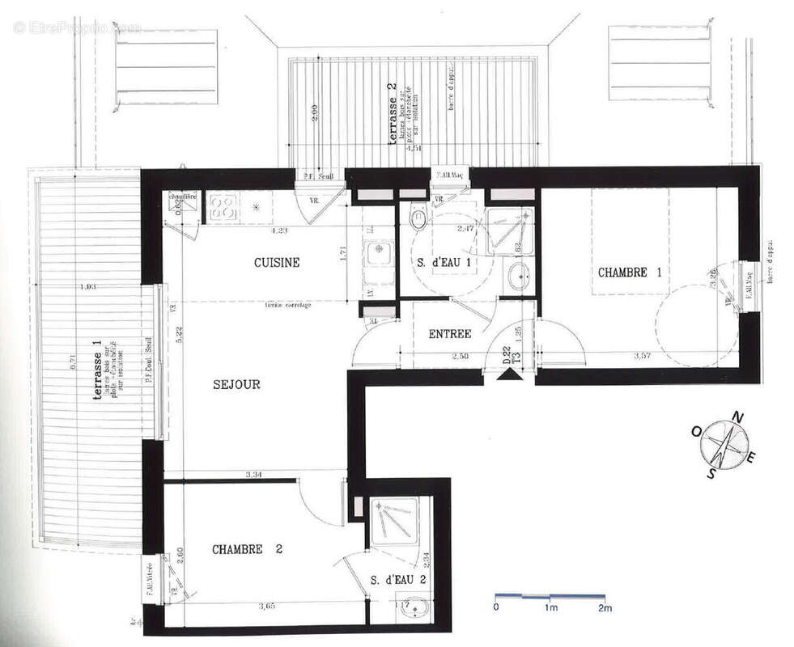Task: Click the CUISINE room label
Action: [277, 263]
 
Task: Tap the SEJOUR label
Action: [236, 385]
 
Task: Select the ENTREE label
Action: [450, 334]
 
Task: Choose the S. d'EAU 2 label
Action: [398, 580]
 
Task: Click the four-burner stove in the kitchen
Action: [221, 207]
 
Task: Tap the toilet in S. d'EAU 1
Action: [418, 217]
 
